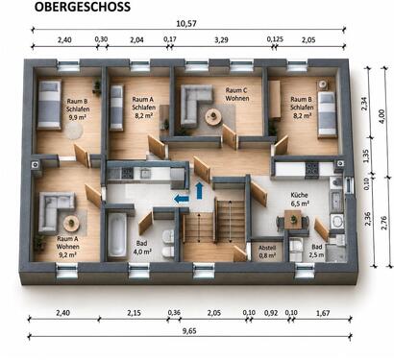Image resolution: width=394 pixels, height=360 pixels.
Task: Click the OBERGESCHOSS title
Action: coord(83,7)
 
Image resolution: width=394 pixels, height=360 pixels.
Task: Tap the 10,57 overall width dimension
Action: coord(186,23)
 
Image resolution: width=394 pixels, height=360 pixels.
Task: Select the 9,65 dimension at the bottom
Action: coord(189,331)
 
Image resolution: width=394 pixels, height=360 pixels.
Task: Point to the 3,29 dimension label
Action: coord(221,40)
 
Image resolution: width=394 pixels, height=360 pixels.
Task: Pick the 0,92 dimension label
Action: coord(271,313)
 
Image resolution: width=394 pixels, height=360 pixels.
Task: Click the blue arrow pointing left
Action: coord(182,199)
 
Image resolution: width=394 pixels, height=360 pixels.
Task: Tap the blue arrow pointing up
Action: coord(199,190)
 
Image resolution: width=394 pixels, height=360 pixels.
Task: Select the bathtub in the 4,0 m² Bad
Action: coord(117,235)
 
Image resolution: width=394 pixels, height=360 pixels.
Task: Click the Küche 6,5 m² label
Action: coord(300,199)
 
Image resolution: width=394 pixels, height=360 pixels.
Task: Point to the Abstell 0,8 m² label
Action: coord(267,252)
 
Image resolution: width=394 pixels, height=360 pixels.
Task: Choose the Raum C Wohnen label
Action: coord(236,94)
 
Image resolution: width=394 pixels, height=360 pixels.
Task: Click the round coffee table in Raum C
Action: coord(212,117)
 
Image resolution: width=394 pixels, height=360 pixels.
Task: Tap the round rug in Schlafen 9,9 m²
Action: coord(74,131)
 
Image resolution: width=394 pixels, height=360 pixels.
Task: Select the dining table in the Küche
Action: coord(293,220)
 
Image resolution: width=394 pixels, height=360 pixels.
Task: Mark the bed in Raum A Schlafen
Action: coord(116,108)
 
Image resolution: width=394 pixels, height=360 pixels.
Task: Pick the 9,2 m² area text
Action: coord(68,254)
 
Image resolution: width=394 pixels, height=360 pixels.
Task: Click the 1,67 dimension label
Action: coord(323,313)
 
